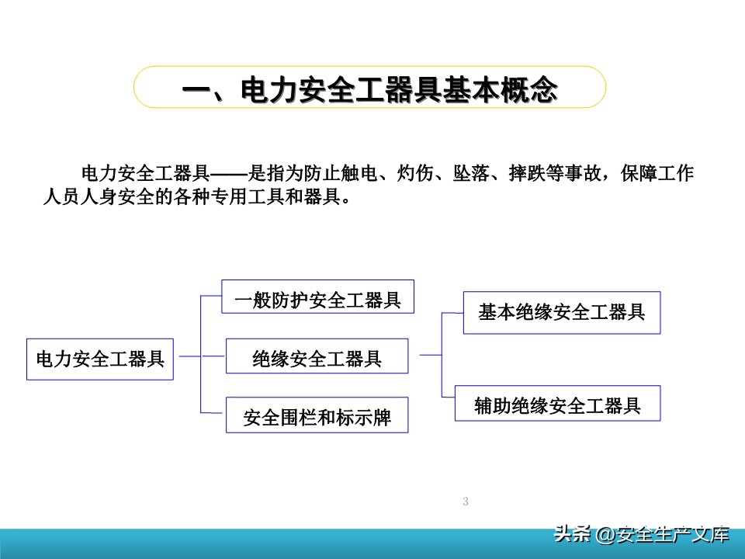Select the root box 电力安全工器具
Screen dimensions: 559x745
pos(100,359)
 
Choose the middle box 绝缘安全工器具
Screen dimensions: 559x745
pos(317,358)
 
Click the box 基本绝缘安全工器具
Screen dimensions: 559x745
pos(561,312)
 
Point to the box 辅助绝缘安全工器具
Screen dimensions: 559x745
pos(557,404)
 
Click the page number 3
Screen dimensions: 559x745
pos(466,502)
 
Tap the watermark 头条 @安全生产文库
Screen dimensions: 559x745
pos(641,535)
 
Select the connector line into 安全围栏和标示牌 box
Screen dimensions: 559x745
pos(213,411)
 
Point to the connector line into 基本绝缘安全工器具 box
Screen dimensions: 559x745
pos(452,313)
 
